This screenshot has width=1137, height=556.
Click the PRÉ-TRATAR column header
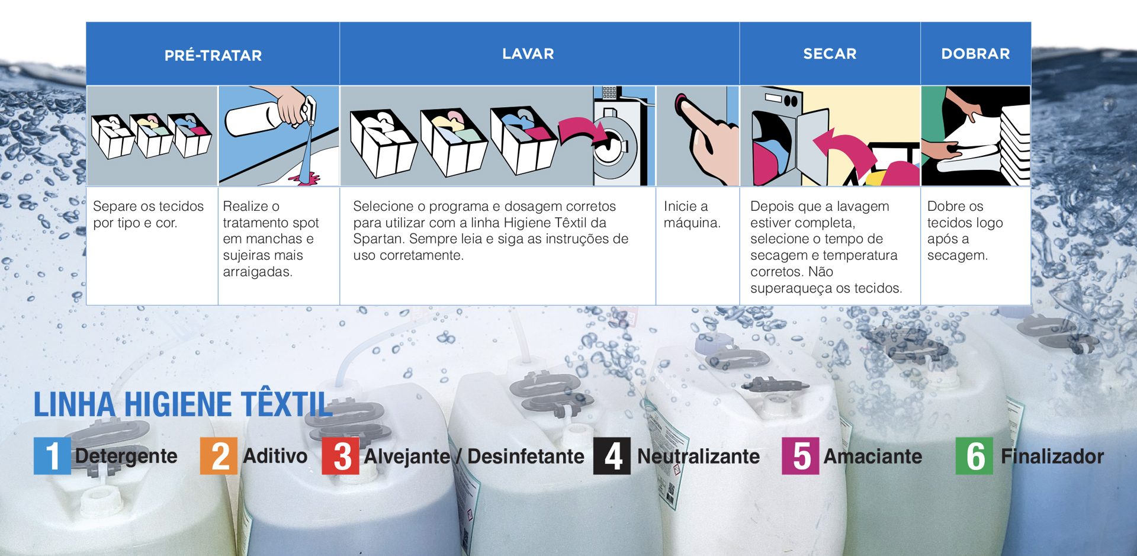point(213,55)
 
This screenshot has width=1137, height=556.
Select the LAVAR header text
point(528,54)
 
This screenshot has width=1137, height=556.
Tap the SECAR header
point(830,54)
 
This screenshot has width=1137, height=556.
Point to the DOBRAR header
point(975,54)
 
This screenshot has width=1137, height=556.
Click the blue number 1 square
point(52,456)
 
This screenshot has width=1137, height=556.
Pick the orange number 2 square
point(219,456)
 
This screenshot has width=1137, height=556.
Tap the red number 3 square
point(341,456)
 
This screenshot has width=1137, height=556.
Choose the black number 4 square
point(612,456)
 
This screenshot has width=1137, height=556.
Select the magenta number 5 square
point(800,456)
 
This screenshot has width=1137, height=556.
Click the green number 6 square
point(974,456)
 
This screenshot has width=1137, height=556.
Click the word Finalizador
point(1052,457)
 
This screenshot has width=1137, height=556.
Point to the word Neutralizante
point(698,457)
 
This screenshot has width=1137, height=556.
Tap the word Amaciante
point(872,457)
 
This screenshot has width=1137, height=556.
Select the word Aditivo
point(275,456)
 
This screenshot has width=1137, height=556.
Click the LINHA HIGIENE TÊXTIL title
point(182,405)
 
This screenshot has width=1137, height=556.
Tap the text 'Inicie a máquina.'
point(692,214)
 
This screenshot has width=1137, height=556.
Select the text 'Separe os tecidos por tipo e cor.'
point(148,214)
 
